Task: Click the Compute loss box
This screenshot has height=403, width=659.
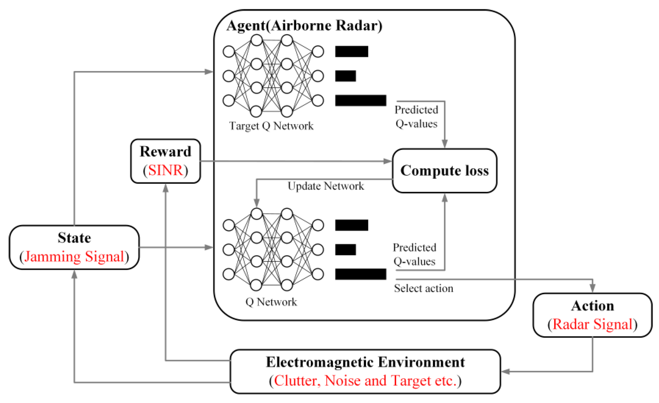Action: [445, 171]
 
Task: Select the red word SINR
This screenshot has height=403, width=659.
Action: [165, 170]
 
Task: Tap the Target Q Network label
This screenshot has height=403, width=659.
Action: [271, 126]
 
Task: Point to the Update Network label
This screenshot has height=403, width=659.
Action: [326, 186]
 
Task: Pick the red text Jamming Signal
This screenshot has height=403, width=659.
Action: [74, 257]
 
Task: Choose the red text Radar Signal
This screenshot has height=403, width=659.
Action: [592, 324]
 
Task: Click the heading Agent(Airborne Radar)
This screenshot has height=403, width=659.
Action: [304, 26]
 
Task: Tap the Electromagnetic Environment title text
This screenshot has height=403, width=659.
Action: [365, 362]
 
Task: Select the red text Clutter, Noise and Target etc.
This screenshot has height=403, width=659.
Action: [365, 381]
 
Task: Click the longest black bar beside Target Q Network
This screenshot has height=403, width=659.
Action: [361, 100]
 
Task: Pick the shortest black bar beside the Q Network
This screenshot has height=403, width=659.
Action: [346, 250]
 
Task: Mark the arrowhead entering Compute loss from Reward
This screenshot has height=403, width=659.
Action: [388, 161]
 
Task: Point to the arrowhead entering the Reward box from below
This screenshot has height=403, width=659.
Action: [165, 188]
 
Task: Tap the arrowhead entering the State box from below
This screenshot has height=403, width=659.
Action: [74, 274]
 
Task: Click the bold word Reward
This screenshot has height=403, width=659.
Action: [165, 152]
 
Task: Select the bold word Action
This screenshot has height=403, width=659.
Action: [592, 306]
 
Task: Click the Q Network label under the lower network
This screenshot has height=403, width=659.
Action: [271, 302]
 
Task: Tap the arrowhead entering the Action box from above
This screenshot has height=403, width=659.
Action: [592, 288]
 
